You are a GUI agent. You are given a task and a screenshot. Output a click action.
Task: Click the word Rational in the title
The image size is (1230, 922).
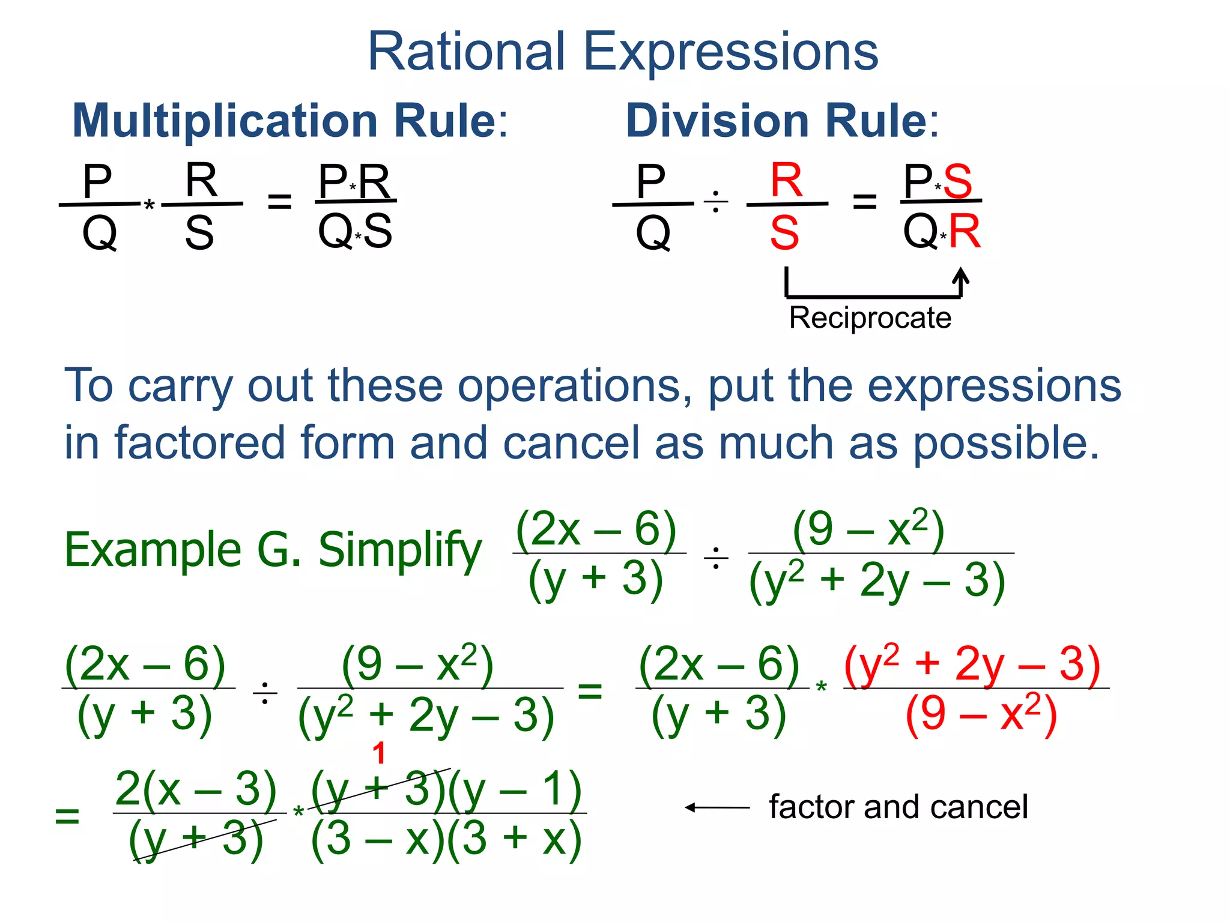click(x=466, y=53)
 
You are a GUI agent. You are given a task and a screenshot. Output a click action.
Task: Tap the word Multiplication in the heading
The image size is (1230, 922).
click(x=225, y=121)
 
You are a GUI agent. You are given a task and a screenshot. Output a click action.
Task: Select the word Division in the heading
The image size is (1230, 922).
click(x=718, y=121)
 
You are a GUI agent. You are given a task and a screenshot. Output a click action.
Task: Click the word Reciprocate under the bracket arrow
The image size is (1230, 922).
click(x=870, y=318)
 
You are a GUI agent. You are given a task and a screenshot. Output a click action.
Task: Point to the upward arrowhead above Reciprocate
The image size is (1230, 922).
click(x=961, y=276)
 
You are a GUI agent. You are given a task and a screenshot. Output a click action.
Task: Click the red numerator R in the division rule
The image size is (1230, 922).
click(x=786, y=180)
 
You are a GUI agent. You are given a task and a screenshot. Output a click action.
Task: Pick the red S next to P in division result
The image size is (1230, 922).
click(x=957, y=181)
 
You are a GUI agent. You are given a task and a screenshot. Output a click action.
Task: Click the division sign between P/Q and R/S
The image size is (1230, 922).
click(x=715, y=202)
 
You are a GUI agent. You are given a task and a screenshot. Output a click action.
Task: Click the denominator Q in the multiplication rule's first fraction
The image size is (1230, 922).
click(x=99, y=233)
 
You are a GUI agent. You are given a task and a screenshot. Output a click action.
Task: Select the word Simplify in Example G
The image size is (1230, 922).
click(x=399, y=550)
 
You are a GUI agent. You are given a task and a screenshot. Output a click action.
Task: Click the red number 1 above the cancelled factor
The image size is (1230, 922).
click(x=378, y=753)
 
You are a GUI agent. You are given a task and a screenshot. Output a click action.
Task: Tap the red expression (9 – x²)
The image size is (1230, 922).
click(x=981, y=714)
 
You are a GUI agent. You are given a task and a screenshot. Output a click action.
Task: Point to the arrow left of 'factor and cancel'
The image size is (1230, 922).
click(x=717, y=808)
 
